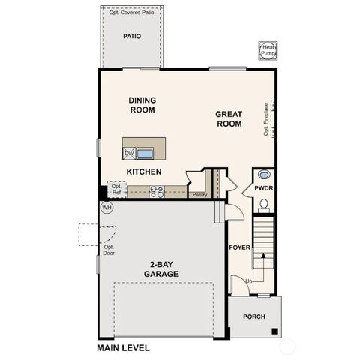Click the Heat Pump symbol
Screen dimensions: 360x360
click(x=268, y=49)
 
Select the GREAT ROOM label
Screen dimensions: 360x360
click(x=228, y=119)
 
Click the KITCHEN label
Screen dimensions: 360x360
click(x=145, y=172)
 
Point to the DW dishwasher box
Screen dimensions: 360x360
click(x=129, y=153)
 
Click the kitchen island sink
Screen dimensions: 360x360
click(x=144, y=154)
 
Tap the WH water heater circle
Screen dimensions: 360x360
click(x=106, y=206)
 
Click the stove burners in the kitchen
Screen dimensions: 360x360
click(x=157, y=192)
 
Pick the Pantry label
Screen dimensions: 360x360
click(x=199, y=195)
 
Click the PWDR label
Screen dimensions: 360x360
click(x=263, y=188)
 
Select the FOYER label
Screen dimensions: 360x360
click(x=240, y=246)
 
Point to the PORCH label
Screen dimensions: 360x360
click(x=254, y=316)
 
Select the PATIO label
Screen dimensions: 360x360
click(x=133, y=35)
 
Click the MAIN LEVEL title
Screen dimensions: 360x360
click(x=123, y=348)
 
